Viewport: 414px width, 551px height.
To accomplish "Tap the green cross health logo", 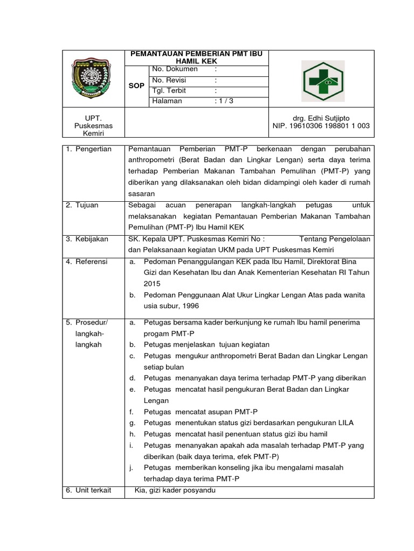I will [322, 81].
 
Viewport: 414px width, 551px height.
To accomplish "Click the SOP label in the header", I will [137, 85].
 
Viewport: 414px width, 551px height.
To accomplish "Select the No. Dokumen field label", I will [175, 69].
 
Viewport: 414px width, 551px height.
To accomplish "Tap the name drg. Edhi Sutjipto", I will [321, 117].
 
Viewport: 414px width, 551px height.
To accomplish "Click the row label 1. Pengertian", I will [89, 149].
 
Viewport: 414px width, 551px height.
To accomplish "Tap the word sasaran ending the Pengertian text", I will [141, 193].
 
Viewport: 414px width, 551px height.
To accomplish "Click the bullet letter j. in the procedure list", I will [132, 467].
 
